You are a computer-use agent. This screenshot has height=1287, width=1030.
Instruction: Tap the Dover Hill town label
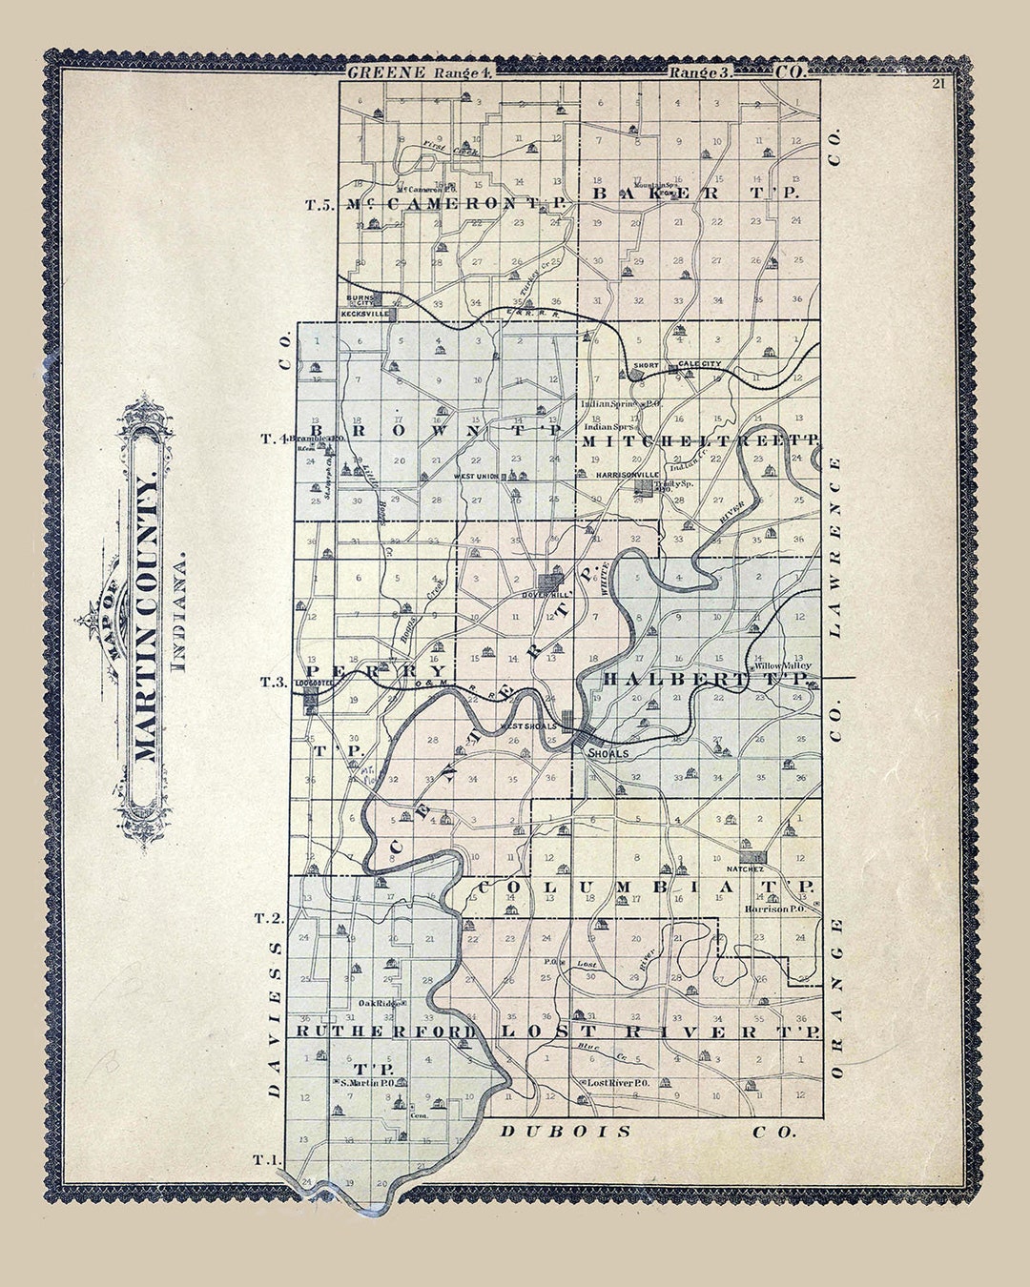545,595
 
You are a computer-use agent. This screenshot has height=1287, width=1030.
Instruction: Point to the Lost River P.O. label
618,1083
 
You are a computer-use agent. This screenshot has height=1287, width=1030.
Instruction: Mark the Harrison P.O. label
776,909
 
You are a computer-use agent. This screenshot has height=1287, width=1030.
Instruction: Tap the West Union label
476,476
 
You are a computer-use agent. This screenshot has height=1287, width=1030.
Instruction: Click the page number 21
938,83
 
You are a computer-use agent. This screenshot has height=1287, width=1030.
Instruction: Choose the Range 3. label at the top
702,72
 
